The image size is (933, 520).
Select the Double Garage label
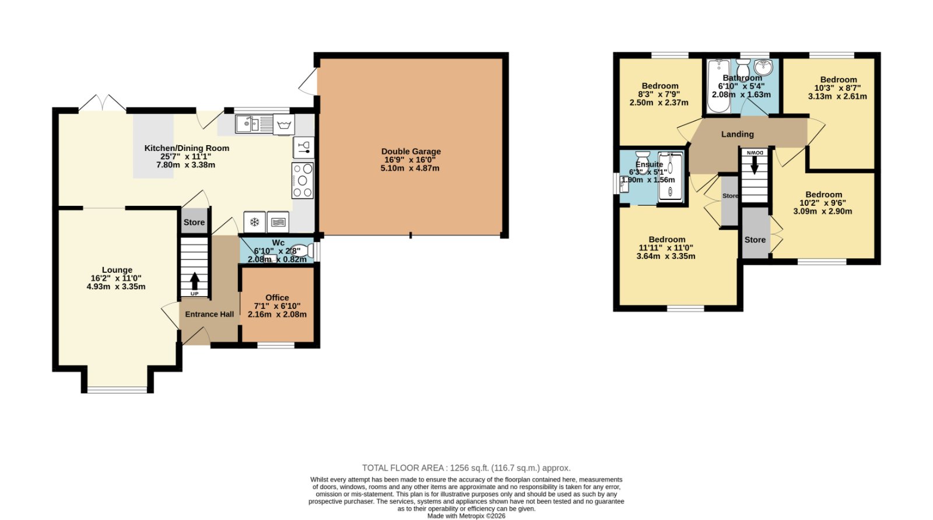(x=411, y=152)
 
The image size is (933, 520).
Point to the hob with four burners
(x=303, y=180)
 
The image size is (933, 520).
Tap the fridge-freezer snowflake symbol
(x=254, y=222)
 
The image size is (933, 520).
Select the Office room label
(x=277, y=298)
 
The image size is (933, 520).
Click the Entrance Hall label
(x=209, y=314)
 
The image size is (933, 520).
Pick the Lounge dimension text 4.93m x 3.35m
(x=116, y=287)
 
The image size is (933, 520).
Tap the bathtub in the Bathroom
(x=718, y=86)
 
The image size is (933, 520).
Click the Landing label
(x=737, y=134)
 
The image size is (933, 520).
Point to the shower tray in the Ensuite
(x=670, y=177)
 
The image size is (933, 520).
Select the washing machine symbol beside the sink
(x=283, y=124)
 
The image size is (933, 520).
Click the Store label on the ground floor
(x=194, y=222)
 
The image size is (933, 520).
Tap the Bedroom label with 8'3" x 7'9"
(x=660, y=86)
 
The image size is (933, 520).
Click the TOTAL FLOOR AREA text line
(x=466, y=468)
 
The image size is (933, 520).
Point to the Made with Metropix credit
(x=466, y=517)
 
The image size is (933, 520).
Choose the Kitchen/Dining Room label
(x=187, y=148)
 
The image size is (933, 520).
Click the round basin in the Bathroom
(x=763, y=66)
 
